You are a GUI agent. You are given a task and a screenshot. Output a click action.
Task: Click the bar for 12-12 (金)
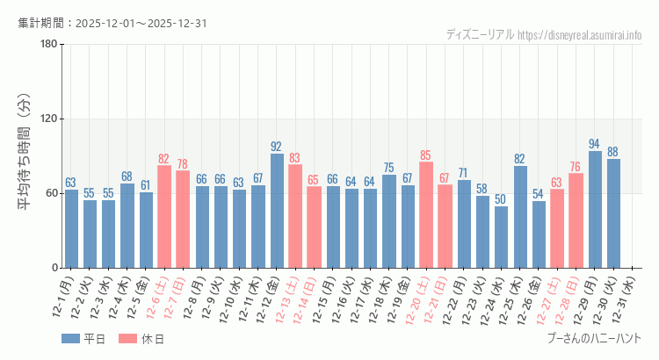pos(277,211)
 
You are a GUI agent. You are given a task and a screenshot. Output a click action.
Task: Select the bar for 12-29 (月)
pos(595,209)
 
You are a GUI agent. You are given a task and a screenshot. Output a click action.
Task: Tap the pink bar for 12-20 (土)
pos(426,215)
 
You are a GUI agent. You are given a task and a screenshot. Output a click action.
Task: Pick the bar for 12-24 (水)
pos(501,237)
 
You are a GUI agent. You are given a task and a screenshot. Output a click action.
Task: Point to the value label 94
pos(595,144)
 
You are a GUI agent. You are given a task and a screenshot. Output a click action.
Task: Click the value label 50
pos(501,199)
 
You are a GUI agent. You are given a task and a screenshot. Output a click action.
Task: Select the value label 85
pos(426,155)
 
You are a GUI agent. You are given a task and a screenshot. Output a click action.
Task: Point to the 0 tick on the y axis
pos(54,268)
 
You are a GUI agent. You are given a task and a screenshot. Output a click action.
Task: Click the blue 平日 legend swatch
pos(70,339)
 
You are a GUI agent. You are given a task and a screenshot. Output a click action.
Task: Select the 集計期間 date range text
pos(112,23)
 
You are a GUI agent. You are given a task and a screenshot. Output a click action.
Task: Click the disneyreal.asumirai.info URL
pos(579,35)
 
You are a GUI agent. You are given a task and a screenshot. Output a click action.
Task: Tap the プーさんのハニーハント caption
pos(593,338)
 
